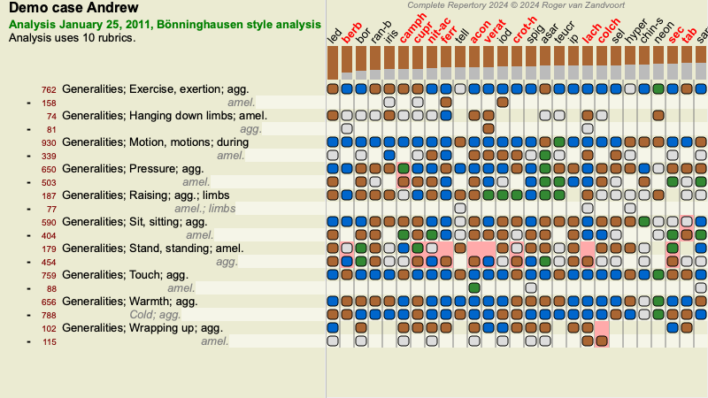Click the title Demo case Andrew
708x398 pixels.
coord(73,9)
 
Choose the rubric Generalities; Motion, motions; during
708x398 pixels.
coord(154,142)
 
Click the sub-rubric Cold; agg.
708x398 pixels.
coord(158,315)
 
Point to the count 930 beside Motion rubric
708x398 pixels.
coord(49,142)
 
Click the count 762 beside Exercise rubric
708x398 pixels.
coord(49,89)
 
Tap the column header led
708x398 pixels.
coord(335,37)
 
